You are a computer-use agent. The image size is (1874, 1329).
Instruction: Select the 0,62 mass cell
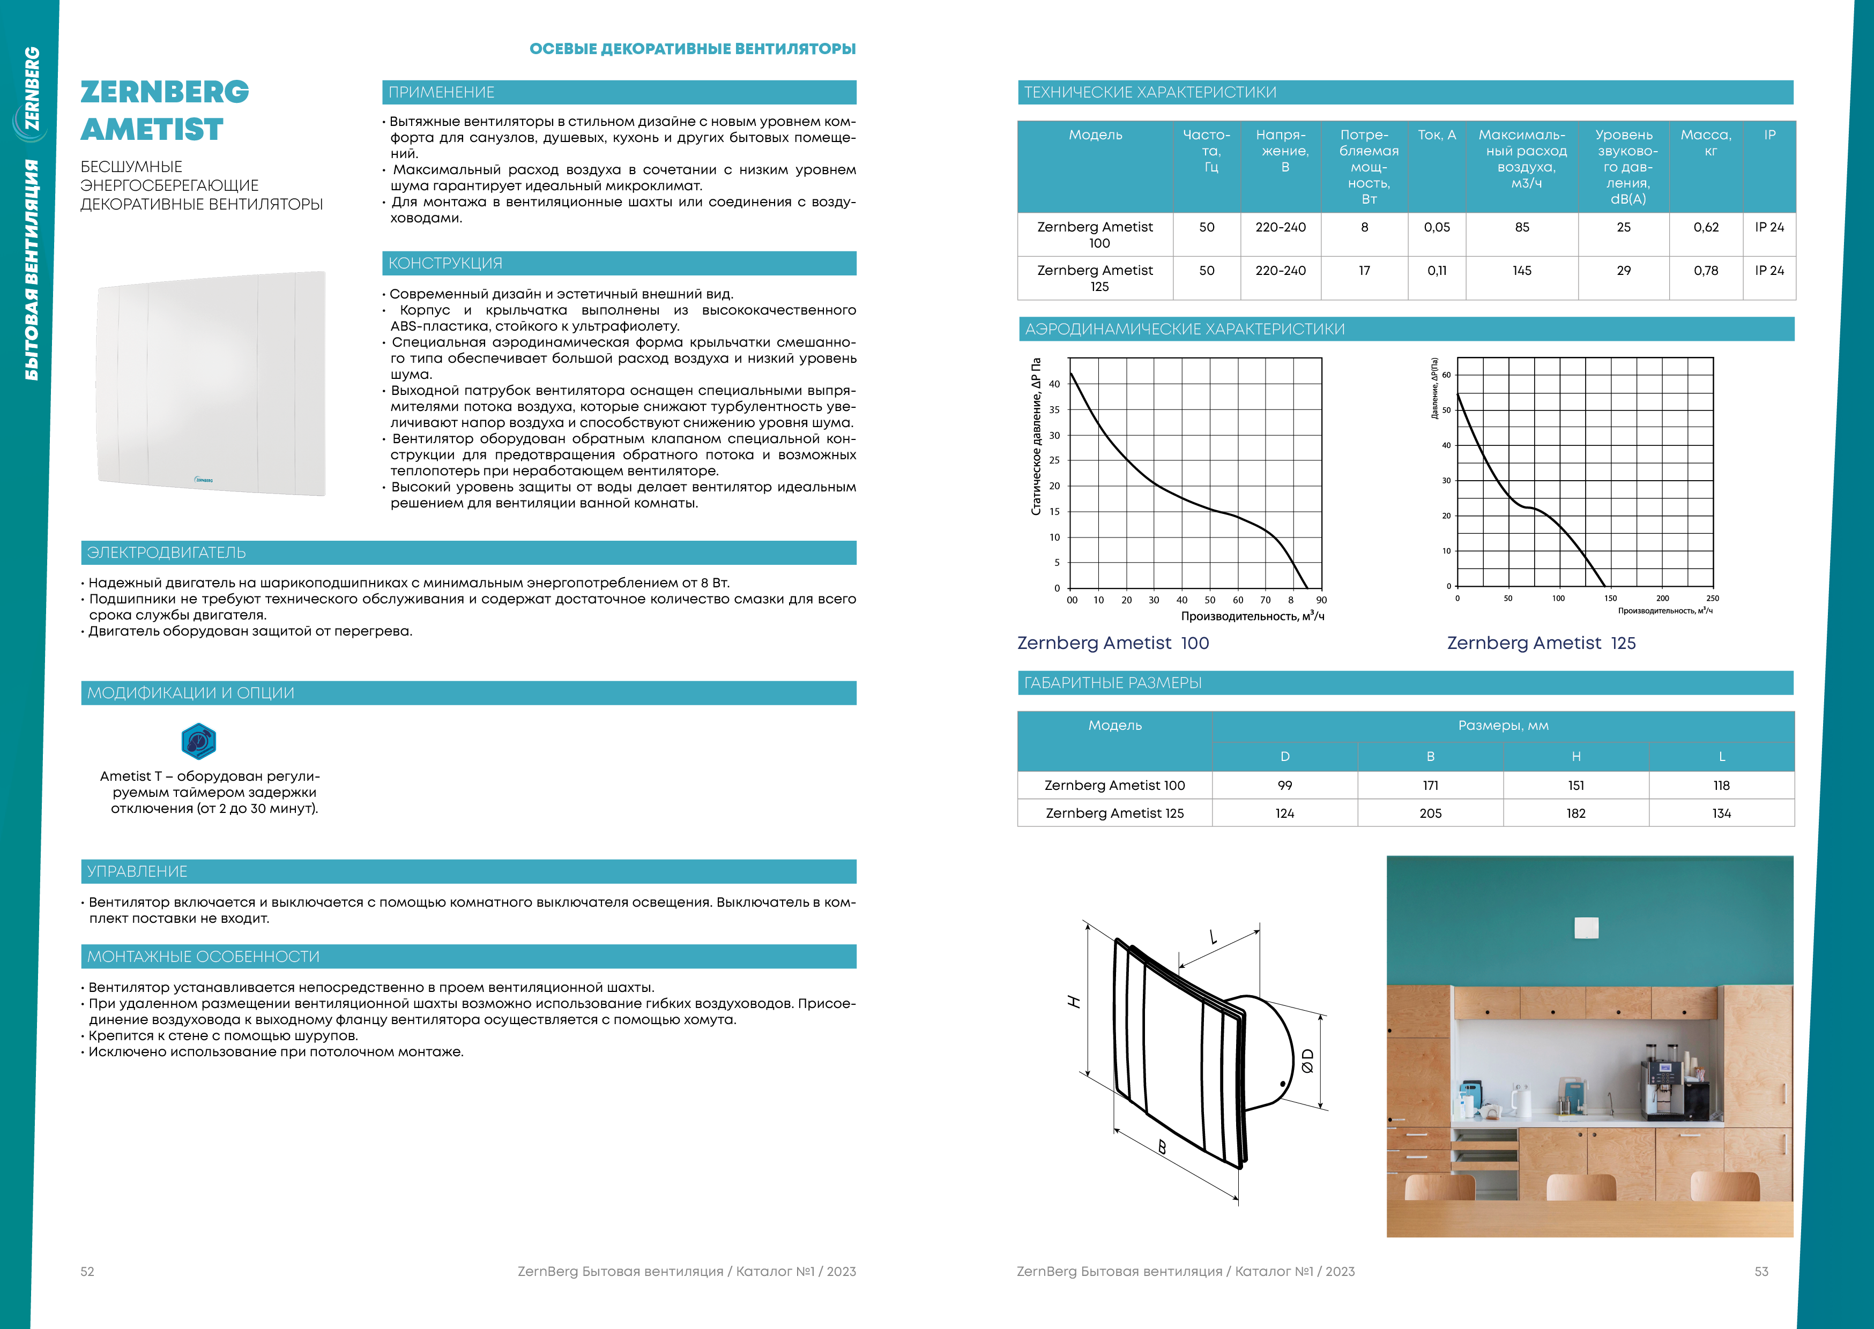pos(1706,228)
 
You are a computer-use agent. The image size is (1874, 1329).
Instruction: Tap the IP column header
pos(1769,135)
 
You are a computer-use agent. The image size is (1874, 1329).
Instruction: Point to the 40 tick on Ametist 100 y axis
pos(1054,384)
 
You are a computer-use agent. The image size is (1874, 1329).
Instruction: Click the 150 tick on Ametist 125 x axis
pos(1610,598)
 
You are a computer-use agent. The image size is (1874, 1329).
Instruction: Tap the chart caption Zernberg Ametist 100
pos(1113,643)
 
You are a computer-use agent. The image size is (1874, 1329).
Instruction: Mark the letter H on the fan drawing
pos(1074,1002)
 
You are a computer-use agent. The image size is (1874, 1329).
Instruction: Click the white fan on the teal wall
pos(1586,927)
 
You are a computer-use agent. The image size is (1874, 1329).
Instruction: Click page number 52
pos(87,1272)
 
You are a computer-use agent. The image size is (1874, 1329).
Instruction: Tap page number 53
pos(1761,1272)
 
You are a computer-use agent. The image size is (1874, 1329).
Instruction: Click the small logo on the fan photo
pos(204,480)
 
